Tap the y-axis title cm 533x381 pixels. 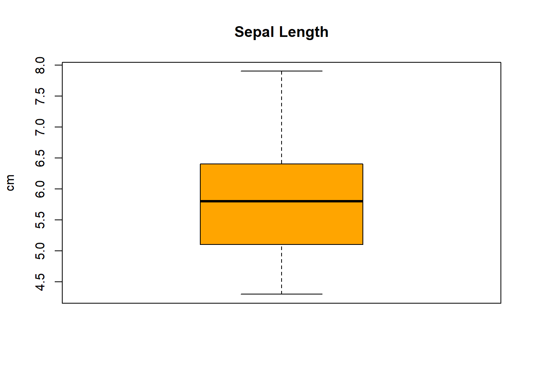(10, 183)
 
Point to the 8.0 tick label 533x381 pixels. (40, 65)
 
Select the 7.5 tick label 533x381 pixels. (40, 96)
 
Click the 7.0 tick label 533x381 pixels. (40, 127)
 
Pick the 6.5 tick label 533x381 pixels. (40, 158)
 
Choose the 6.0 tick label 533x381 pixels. (40, 189)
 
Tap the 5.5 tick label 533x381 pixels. (40, 220)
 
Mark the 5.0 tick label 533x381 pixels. (40, 251)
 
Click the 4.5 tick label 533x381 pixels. (40, 282)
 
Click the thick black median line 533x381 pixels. (282, 201)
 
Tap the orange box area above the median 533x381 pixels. (282, 183)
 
